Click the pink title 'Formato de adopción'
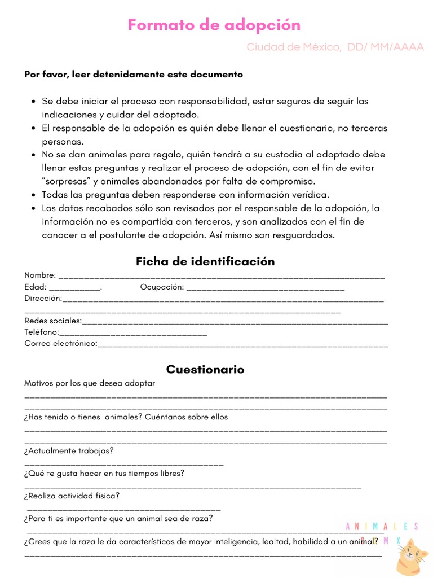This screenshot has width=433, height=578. click(x=214, y=25)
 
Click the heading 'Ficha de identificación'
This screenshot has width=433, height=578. click(x=205, y=261)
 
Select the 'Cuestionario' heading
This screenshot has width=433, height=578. click(x=205, y=369)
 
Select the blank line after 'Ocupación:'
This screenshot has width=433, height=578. click(x=265, y=288)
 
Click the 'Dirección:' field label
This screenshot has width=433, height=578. click(x=43, y=298)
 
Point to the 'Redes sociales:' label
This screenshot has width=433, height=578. click(x=53, y=321)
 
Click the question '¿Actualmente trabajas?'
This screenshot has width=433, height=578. click(x=69, y=450)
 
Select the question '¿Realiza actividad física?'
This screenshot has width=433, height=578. click(x=72, y=496)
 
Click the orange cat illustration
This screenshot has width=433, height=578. click(x=411, y=557)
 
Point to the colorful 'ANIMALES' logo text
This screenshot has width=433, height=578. click(x=382, y=527)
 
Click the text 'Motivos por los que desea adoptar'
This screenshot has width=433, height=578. click(x=90, y=383)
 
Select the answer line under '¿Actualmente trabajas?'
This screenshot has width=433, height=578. click(x=124, y=465)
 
